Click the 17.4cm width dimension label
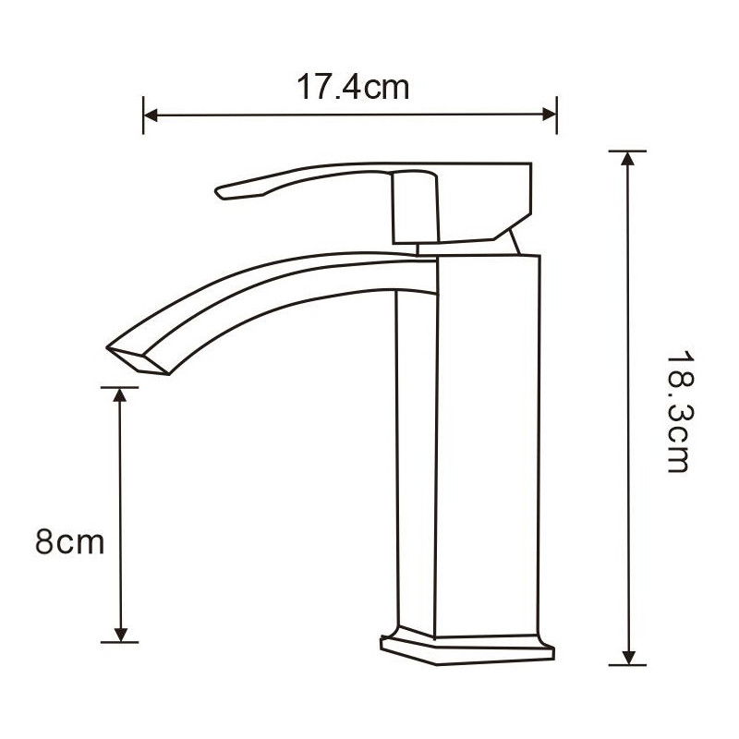(352, 88)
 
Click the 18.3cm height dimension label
(677, 410)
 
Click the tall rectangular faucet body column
(466, 443)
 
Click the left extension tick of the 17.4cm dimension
(143, 115)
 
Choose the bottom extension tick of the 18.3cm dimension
(628, 664)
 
